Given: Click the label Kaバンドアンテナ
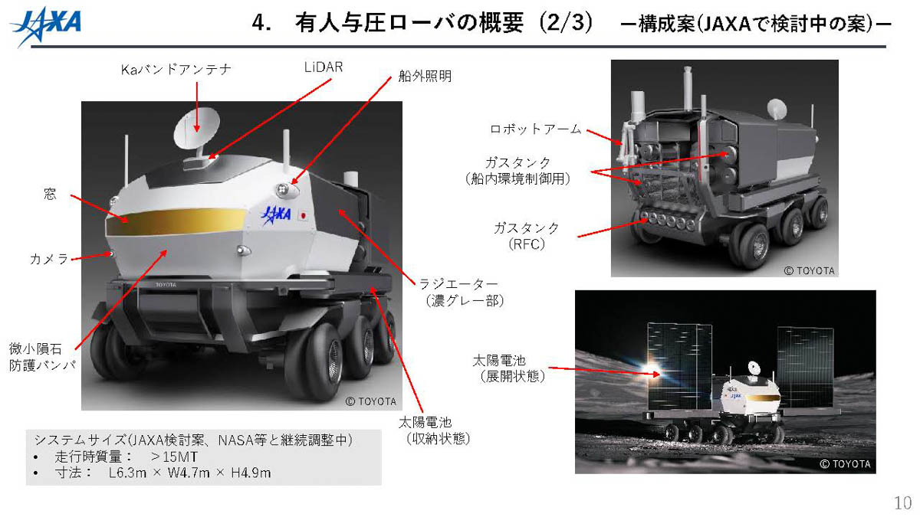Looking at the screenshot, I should pyautogui.click(x=176, y=70).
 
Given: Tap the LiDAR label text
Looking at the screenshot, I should pyautogui.click(x=323, y=67).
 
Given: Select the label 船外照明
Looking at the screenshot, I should pyautogui.click(x=425, y=76).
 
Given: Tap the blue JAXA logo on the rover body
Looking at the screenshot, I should pyautogui.click(x=276, y=214).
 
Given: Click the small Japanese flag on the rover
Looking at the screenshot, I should pyautogui.click(x=304, y=215).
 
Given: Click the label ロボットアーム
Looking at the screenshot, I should pyautogui.click(x=534, y=129).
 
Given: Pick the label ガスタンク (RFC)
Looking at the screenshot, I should pyautogui.click(x=526, y=236).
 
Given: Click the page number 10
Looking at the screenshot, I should pyautogui.click(x=902, y=503).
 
